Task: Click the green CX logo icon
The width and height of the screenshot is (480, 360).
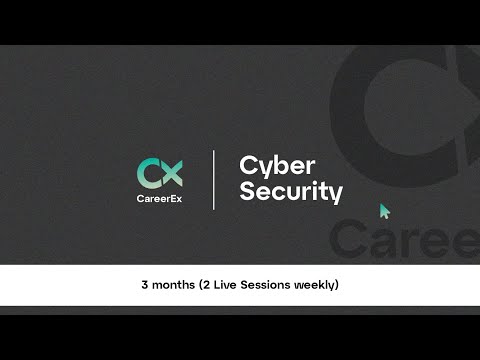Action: tap(160, 172)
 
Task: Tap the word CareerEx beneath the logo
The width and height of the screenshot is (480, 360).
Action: tap(160, 198)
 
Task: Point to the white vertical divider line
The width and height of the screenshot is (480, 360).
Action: tap(214, 180)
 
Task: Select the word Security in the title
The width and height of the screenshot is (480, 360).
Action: tap(290, 191)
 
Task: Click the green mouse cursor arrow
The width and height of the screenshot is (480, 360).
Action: tap(384, 211)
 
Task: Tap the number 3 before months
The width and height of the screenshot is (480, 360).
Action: tap(145, 285)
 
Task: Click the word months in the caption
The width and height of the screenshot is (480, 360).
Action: tap(174, 285)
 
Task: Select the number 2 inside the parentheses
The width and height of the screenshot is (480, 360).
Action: tap(210, 285)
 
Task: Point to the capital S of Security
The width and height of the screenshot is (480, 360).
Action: tap(246, 191)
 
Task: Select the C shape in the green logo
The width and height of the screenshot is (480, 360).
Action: tap(149, 172)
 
